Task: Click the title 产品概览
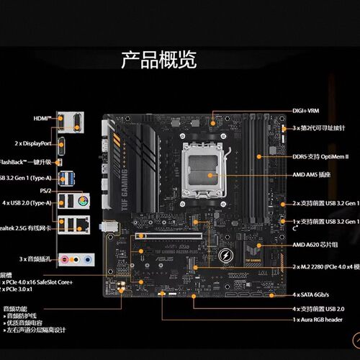158,60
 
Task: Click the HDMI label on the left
42,117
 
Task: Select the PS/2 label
45,190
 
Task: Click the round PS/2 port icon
84,199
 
